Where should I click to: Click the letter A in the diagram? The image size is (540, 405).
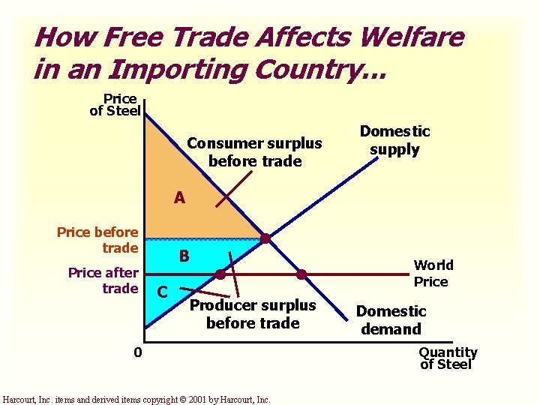tap(179, 198)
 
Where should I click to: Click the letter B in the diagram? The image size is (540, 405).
tap(183, 256)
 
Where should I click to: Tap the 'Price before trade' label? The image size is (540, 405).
tap(98, 240)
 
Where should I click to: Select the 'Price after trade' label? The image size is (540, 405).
tap(103, 280)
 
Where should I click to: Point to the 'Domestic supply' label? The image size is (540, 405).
tap(394, 140)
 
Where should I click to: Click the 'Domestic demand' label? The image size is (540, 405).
tap(391, 320)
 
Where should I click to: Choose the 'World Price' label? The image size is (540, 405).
tap(433, 273)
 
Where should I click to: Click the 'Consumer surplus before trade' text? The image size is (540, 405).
tap(254, 152)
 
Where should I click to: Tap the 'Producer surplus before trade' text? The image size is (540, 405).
tap(253, 314)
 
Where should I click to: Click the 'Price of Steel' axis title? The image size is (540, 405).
tap(115, 105)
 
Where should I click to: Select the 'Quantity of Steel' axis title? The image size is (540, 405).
tap(448, 358)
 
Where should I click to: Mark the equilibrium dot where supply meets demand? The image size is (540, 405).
tap(265, 239)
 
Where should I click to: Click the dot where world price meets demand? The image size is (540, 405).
tap(301, 274)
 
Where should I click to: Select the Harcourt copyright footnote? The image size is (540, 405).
tap(137, 399)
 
